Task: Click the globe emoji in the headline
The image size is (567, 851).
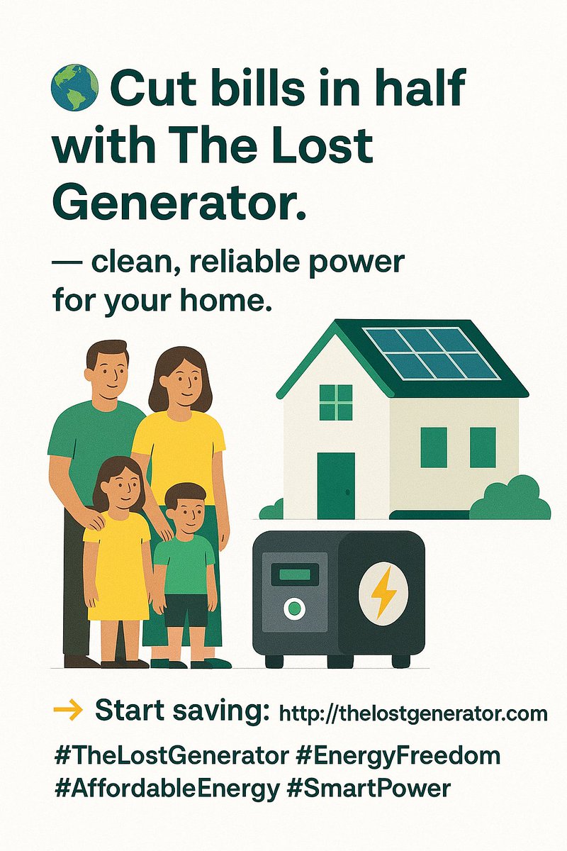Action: coord(74,88)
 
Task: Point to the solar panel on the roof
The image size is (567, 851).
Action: coord(432,352)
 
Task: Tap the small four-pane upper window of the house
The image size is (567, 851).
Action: coord(336,402)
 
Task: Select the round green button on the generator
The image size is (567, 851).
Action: coord(293,608)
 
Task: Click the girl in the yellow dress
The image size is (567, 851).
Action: coord(118,560)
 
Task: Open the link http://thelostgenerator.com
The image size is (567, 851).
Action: coord(414,713)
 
